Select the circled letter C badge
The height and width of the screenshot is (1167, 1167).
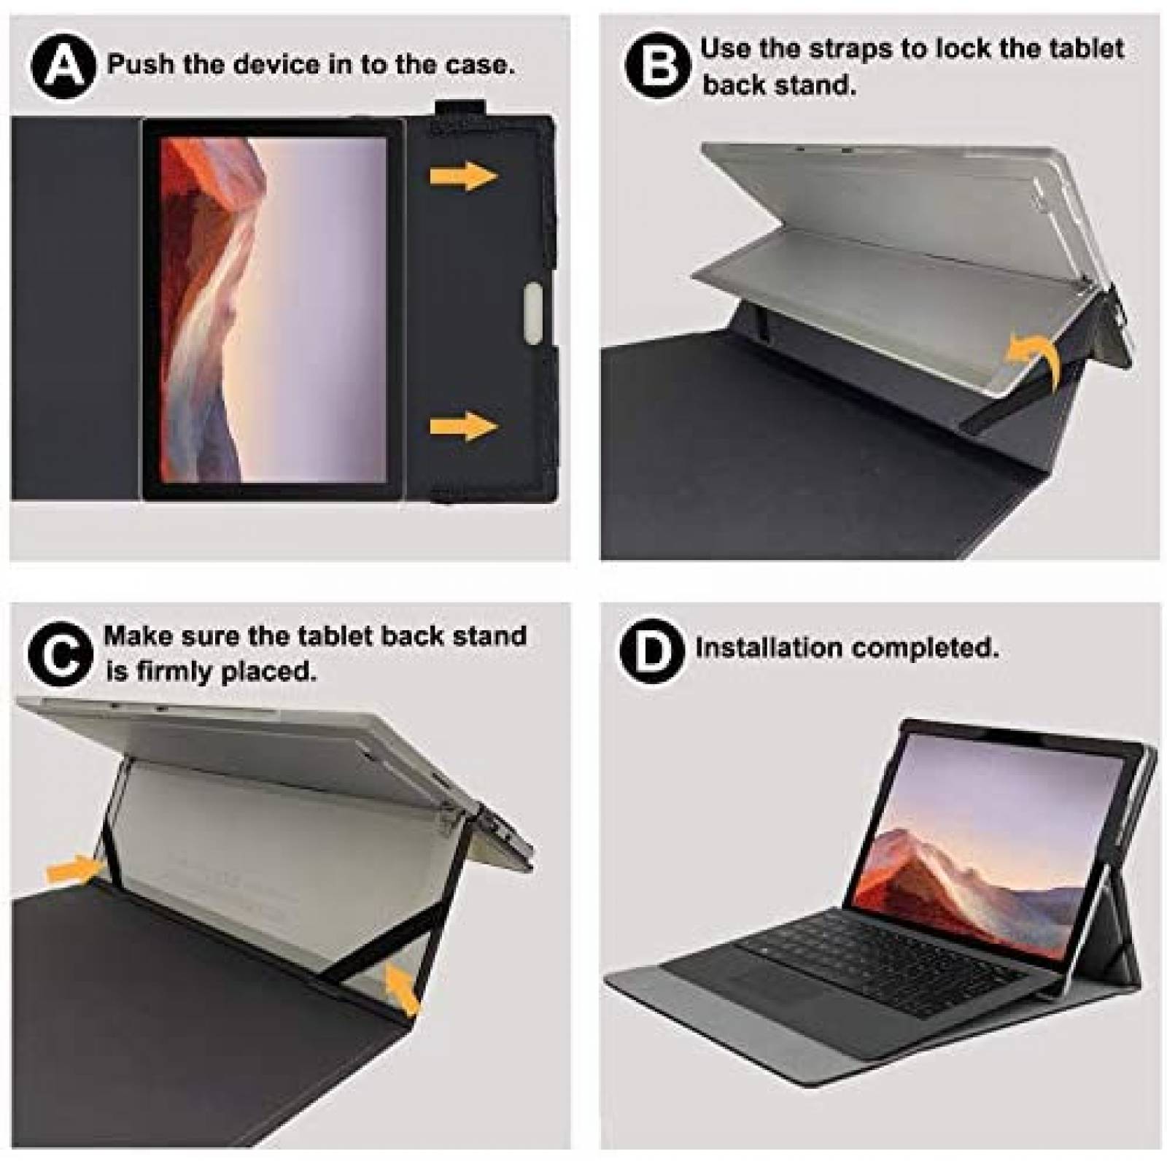[61, 654]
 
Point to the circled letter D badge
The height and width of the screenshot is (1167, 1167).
[652, 649]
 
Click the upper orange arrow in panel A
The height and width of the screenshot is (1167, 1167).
[462, 176]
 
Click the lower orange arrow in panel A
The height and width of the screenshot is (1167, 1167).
[462, 427]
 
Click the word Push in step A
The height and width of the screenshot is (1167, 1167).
[141, 64]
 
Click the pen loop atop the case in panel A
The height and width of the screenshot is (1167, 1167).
[460, 108]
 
